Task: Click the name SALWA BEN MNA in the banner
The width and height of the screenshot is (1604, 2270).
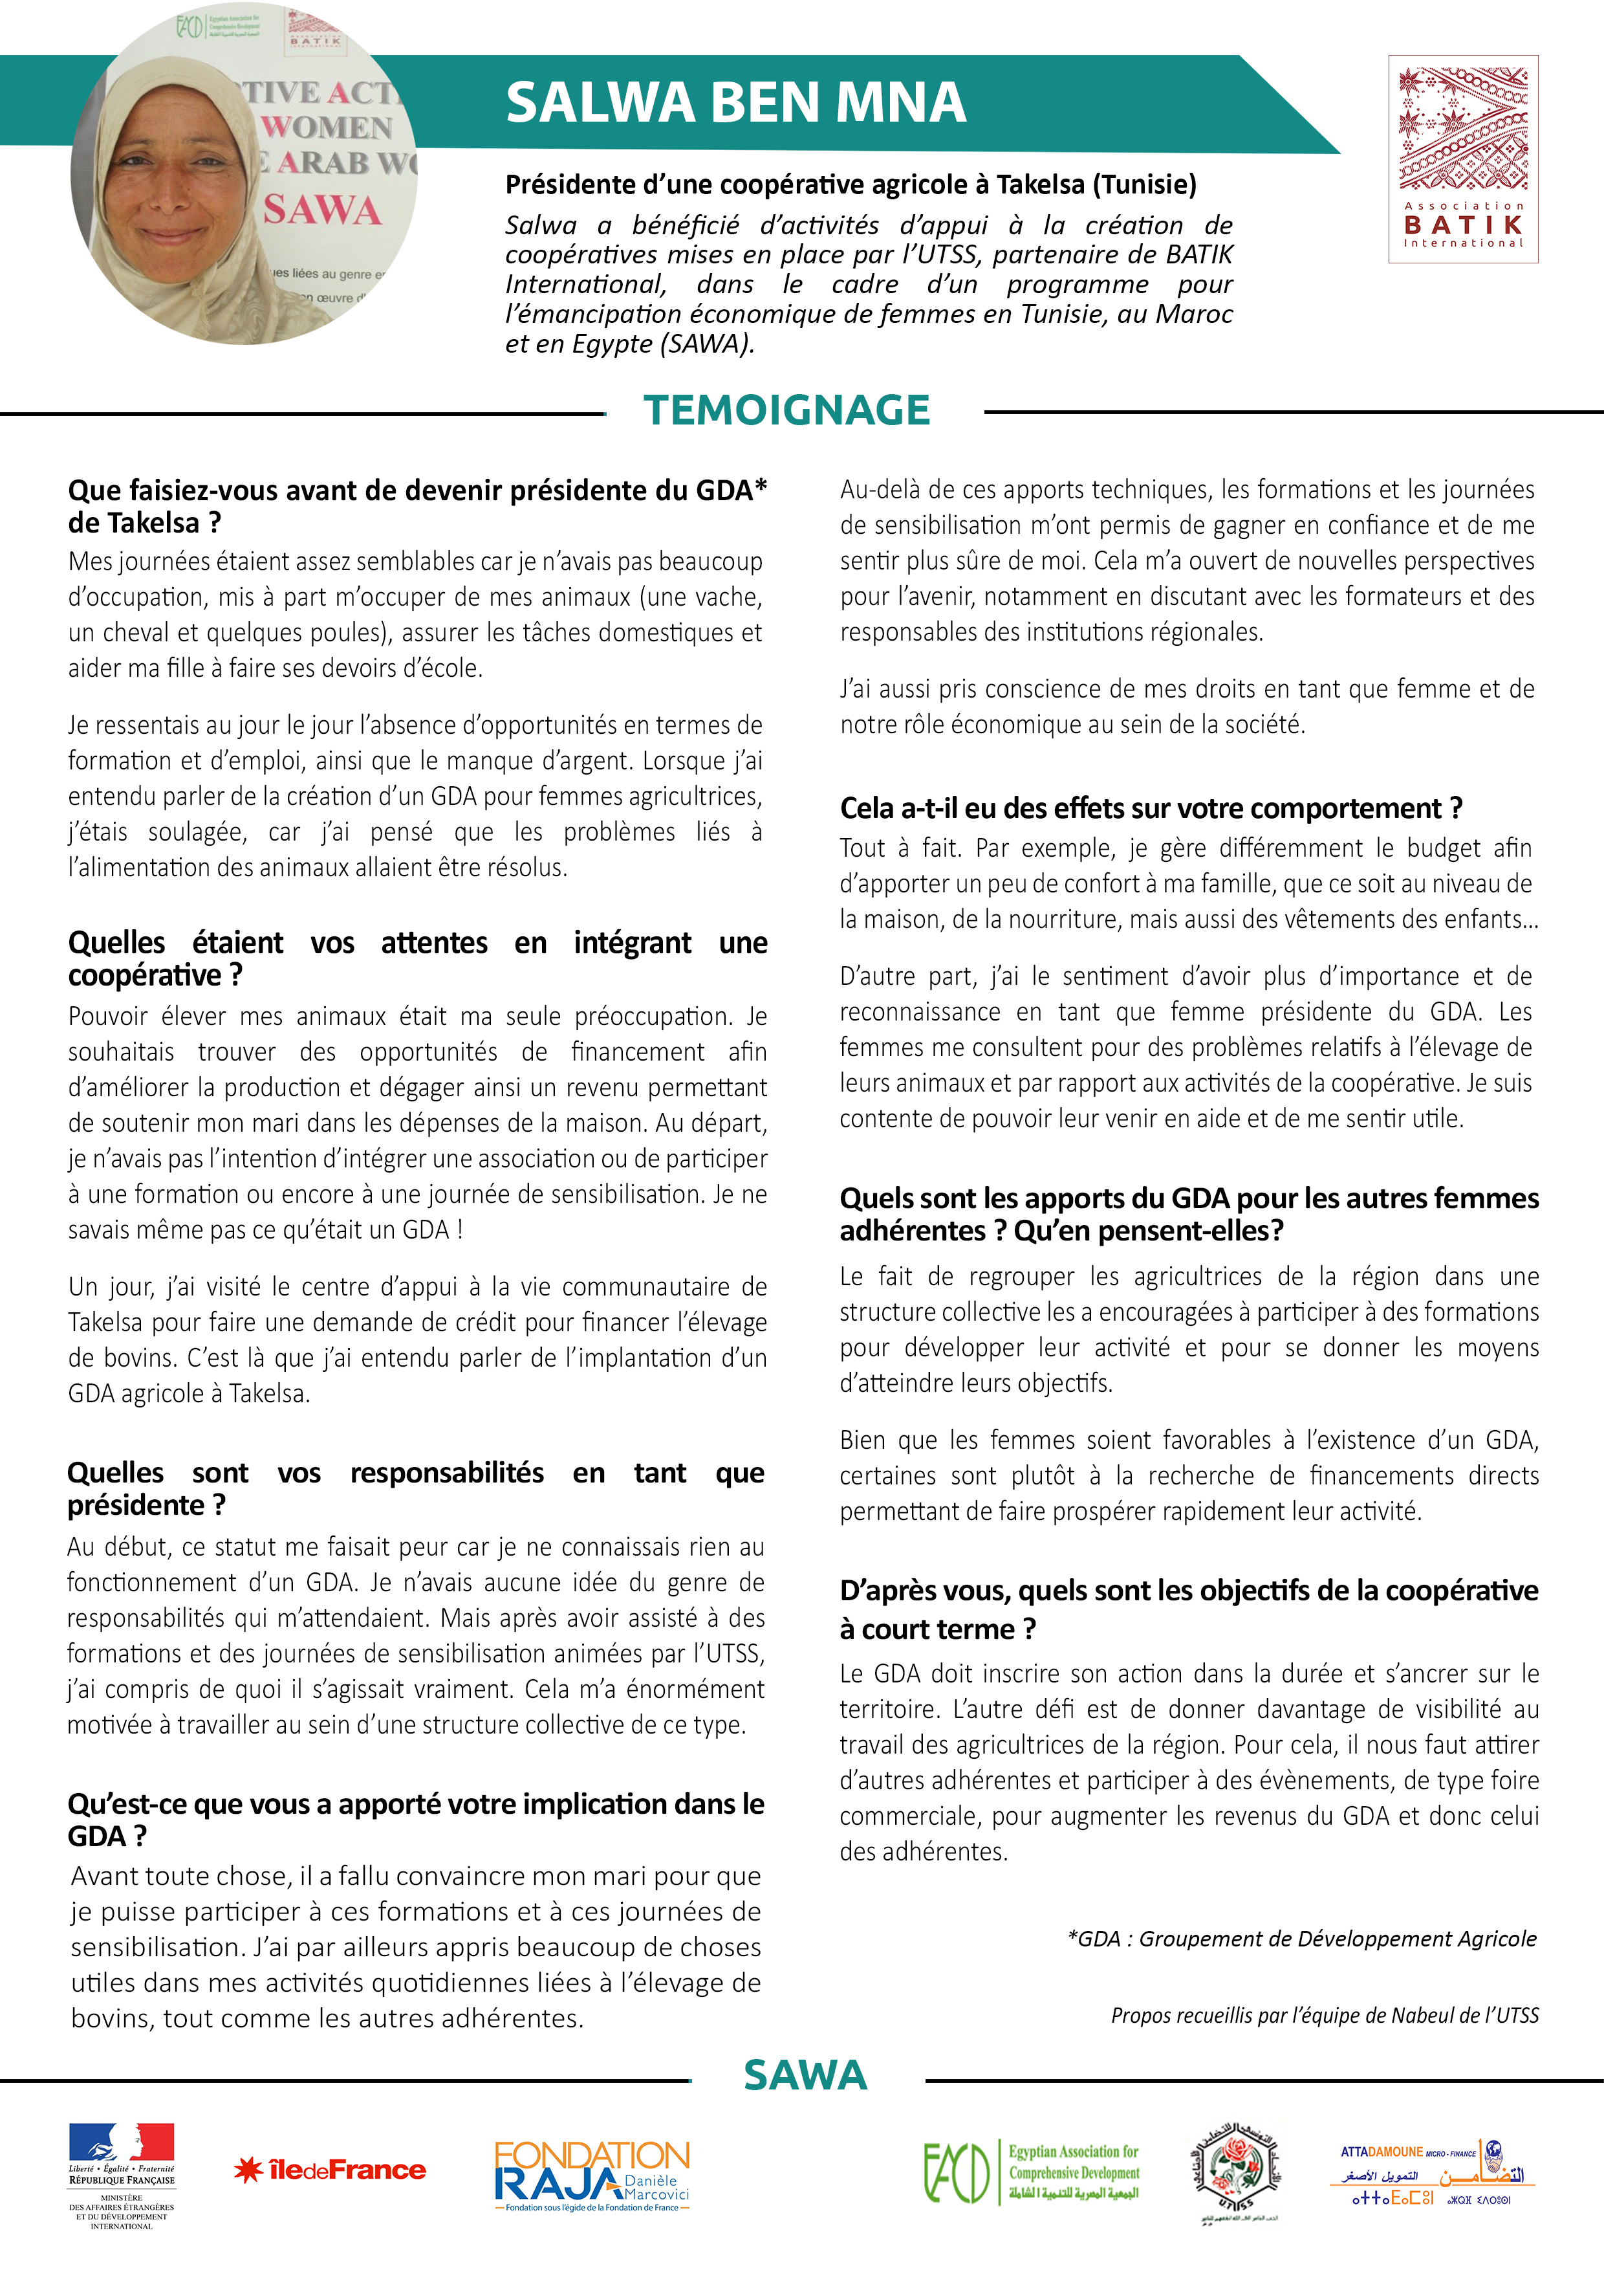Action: point(735,103)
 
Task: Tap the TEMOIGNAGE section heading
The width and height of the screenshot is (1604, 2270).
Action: point(786,410)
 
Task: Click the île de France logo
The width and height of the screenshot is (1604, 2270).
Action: point(330,2170)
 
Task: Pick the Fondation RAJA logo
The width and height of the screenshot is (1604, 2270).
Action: point(592,2175)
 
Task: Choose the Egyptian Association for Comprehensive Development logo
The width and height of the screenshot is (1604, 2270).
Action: point(1031,2173)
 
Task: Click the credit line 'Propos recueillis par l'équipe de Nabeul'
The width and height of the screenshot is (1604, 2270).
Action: point(1325,2015)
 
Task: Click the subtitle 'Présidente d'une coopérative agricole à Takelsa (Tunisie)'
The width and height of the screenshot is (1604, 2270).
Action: point(850,185)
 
